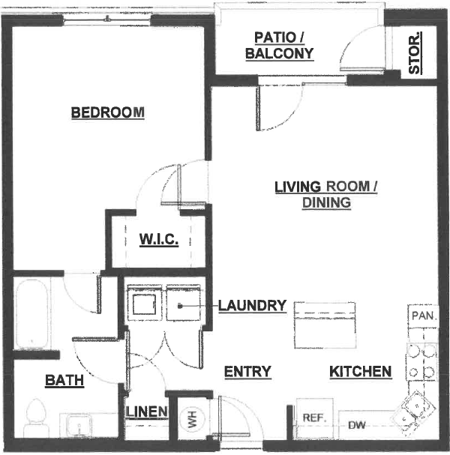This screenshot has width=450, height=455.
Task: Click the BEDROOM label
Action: [x=108, y=112]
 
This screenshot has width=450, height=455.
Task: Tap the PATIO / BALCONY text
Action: [x=280, y=46]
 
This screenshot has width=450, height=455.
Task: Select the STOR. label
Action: [x=415, y=52]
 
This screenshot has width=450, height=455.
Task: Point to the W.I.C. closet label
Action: [x=159, y=239]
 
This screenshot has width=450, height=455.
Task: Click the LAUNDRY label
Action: [x=252, y=306]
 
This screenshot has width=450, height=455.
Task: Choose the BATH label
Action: [x=64, y=380]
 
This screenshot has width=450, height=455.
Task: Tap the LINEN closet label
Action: [x=146, y=412]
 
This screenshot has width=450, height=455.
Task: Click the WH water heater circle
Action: [x=192, y=419]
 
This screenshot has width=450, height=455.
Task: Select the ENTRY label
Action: [x=247, y=372]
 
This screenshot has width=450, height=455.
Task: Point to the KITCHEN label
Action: [x=361, y=372]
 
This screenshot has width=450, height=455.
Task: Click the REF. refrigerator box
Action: [x=314, y=418]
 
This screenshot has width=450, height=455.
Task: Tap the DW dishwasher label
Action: [x=357, y=426]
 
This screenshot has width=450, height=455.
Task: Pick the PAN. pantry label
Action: [x=424, y=316]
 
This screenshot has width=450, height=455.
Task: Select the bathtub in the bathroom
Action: [x=32, y=314]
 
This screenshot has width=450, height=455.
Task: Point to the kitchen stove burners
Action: [x=421, y=361]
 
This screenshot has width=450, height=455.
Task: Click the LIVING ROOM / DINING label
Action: [x=326, y=194]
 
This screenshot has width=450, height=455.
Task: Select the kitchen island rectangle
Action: [x=325, y=325]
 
